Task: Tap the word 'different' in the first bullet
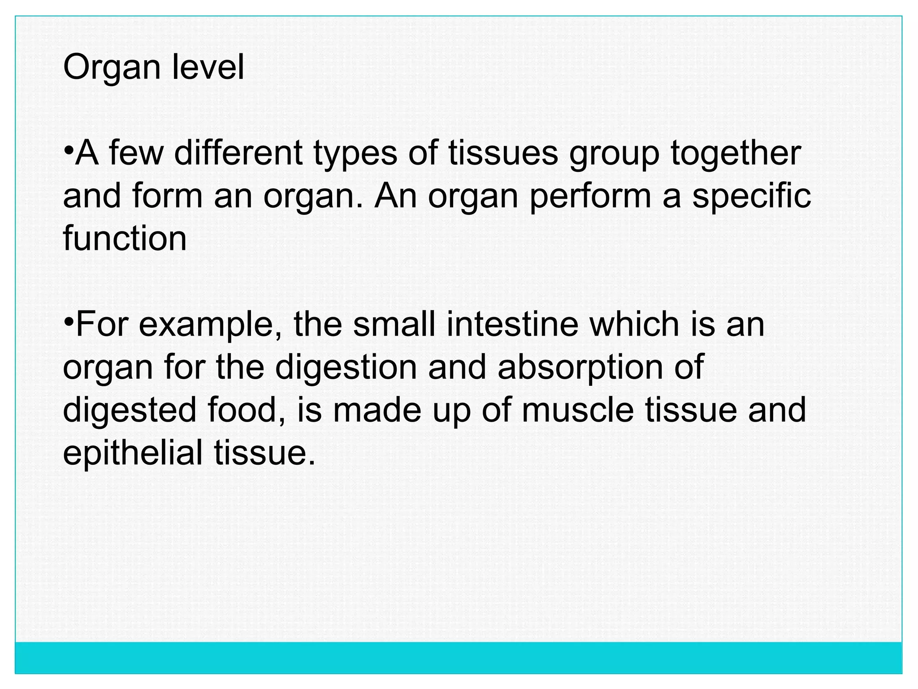tap(238, 153)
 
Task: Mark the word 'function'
tap(125, 238)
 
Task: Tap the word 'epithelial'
tap(133, 453)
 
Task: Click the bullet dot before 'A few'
tap(68, 148)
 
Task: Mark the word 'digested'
tap(130, 411)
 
